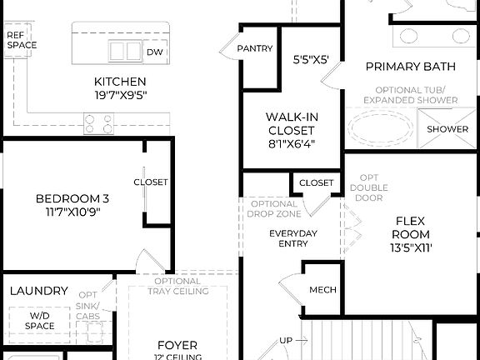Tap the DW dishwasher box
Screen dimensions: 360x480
pos(155,52)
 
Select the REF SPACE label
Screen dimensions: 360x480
pos(22,40)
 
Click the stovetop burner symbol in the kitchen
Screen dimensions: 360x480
pos(98,123)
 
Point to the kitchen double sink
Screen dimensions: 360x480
pos(124,51)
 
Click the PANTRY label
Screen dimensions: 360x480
pos(255,48)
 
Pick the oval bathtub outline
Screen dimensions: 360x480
pos(380,129)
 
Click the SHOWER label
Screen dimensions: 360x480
pos(447,129)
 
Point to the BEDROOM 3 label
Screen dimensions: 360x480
pos(72,205)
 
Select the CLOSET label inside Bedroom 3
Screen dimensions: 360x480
pos(150,182)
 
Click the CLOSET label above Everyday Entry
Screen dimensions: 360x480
pos(316,182)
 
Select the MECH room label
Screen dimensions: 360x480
pos(322,290)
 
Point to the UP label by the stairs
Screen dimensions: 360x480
pos(286,341)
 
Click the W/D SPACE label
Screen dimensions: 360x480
pos(40,322)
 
